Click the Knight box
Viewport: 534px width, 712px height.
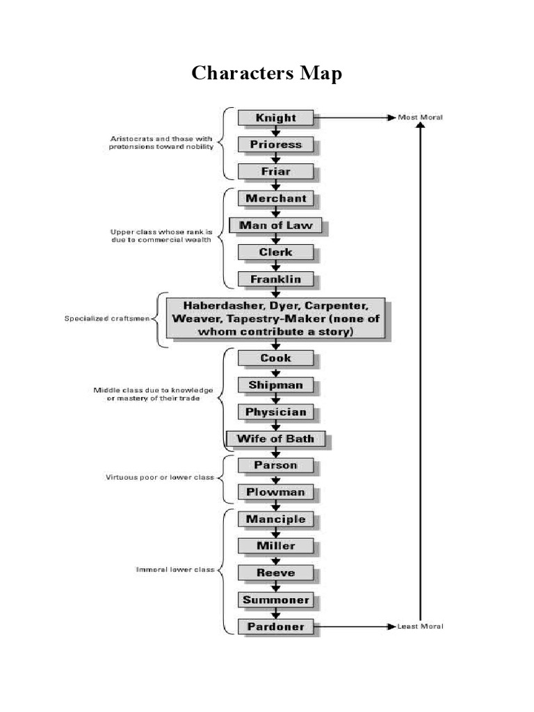tap(276, 118)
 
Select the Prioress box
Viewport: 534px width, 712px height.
tap(276, 145)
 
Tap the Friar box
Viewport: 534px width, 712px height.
tap(276, 171)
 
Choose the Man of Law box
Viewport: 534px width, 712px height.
tap(275, 225)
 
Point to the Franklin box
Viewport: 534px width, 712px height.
tap(276, 279)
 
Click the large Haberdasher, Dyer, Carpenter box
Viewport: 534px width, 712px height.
tap(275, 318)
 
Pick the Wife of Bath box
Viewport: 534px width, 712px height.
tap(275, 439)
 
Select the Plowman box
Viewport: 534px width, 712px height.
tap(276, 492)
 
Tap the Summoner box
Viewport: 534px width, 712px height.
tap(276, 599)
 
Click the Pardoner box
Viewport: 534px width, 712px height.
tap(276, 626)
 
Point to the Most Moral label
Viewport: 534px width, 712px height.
tap(420, 118)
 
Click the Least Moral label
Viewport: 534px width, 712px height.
tap(420, 626)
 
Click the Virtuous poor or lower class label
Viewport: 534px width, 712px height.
tap(159, 478)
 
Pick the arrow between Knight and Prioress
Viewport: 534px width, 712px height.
tap(276, 131)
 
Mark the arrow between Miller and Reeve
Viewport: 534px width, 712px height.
tap(276, 559)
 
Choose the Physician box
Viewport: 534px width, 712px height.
tap(276, 412)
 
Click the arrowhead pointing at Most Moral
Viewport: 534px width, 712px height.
tap(390, 118)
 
